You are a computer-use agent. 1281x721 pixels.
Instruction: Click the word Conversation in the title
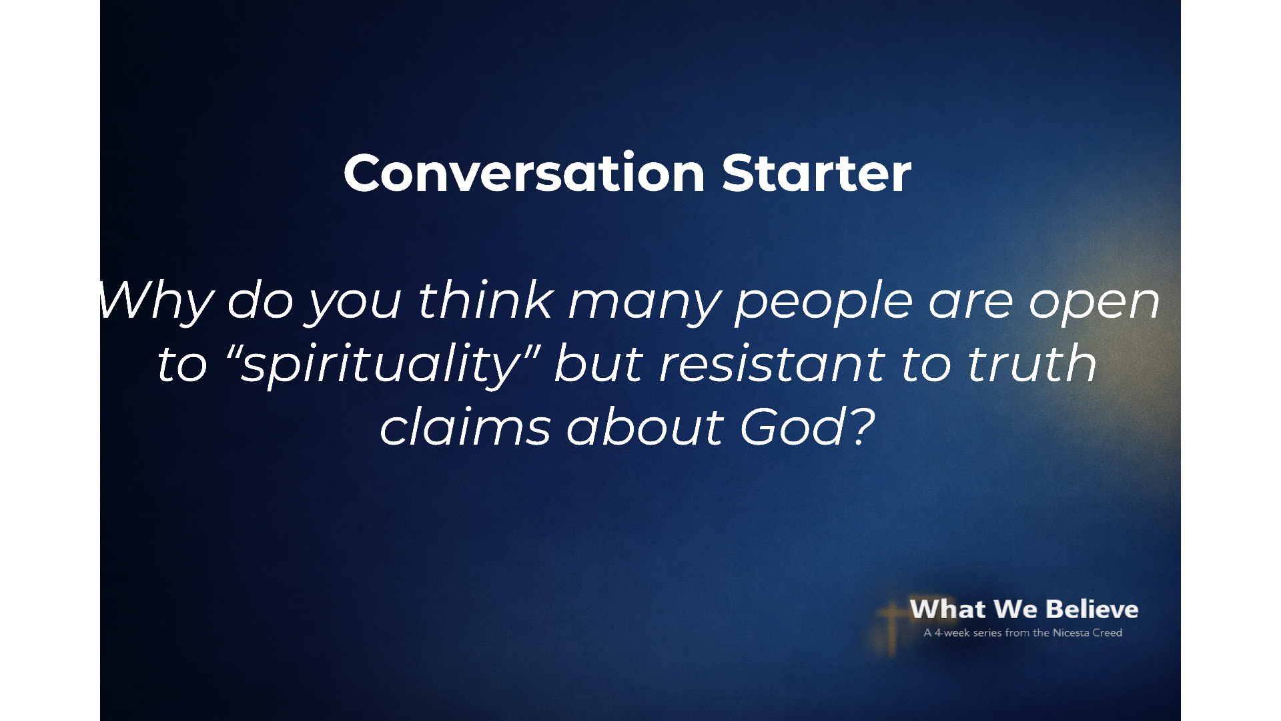[524, 173]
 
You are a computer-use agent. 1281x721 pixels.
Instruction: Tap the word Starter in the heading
[816, 173]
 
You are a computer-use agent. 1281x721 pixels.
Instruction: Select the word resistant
[772, 365]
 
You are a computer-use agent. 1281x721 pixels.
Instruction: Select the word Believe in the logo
[1092, 609]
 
